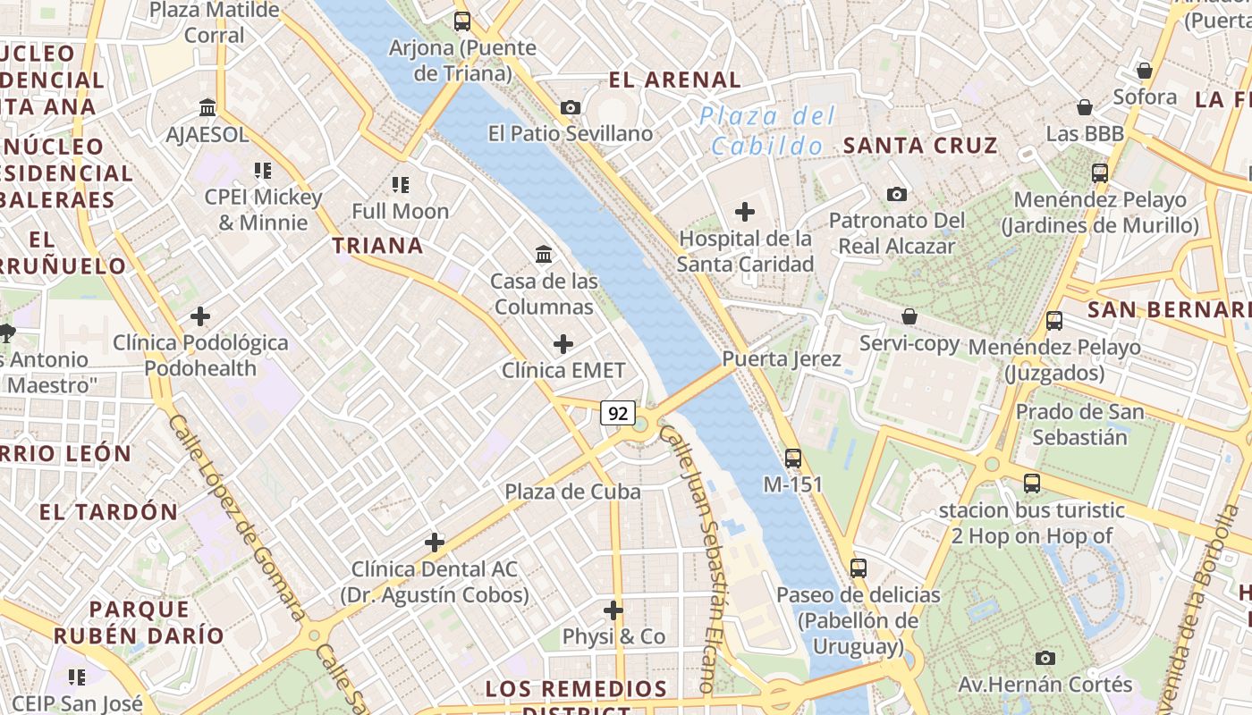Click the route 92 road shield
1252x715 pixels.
[618, 413]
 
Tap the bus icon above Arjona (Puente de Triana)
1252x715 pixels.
[462, 21]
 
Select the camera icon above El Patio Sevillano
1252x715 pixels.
[570, 108]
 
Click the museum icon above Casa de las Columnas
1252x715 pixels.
[544, 255]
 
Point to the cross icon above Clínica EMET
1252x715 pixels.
[563, 344]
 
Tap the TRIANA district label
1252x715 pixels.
[377, 246]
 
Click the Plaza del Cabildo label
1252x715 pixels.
[767, 130]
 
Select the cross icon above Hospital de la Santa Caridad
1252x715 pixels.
[744, 212]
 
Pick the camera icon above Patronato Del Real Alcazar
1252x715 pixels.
[897, 194]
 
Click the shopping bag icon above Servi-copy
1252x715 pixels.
[909, 316]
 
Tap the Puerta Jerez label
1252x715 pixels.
[782, 359]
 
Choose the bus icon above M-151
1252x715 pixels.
[793, 458]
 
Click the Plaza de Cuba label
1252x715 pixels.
[572, 492]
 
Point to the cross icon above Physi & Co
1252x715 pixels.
[613, 610]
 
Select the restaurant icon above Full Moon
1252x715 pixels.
[400, 185]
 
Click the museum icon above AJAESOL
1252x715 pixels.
[208, 108]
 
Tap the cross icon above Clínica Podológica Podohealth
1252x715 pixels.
[200, 316]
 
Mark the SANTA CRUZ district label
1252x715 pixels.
[920, 146]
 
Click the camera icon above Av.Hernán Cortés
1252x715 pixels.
[1045, 659]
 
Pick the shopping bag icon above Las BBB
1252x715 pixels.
[1085, 107]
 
